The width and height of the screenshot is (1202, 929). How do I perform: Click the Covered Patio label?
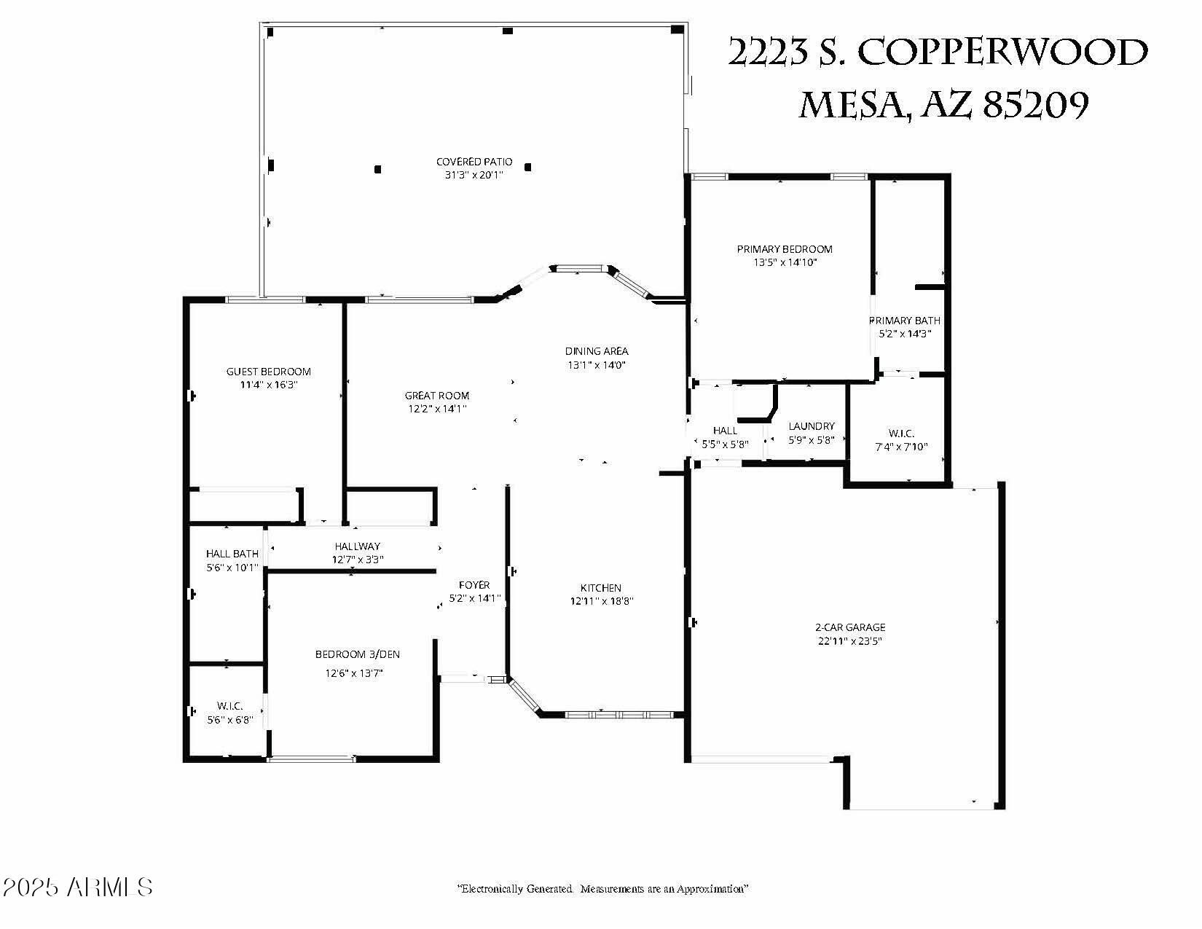(x=474, y=162)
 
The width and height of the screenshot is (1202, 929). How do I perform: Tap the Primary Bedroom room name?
(x=785, y=249)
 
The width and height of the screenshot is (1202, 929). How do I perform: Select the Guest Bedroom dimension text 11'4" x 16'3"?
(x=269, y=385)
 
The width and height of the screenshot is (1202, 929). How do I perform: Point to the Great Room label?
(x=437, y=396)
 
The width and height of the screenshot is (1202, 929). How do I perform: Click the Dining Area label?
(x=597, y=351)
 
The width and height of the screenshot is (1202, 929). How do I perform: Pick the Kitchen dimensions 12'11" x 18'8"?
(x=602, y=601)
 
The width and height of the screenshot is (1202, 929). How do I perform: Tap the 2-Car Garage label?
(x=850, y=627)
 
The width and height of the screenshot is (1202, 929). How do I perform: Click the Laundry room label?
(x=812, y=426)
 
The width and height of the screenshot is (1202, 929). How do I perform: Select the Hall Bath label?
(x=232, y=554)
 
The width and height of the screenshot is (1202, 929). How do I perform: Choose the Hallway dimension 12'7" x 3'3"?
(x=358, y=560)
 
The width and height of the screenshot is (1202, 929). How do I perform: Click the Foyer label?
(x=474, y=585)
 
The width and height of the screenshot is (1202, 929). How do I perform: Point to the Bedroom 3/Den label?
(x=358, y=654)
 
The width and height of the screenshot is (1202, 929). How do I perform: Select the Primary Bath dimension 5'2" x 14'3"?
(x=905, y=334)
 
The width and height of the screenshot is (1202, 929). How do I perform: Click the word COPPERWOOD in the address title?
(x=1003, y=53)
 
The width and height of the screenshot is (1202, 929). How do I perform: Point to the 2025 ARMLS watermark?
(x=77, y=887)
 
